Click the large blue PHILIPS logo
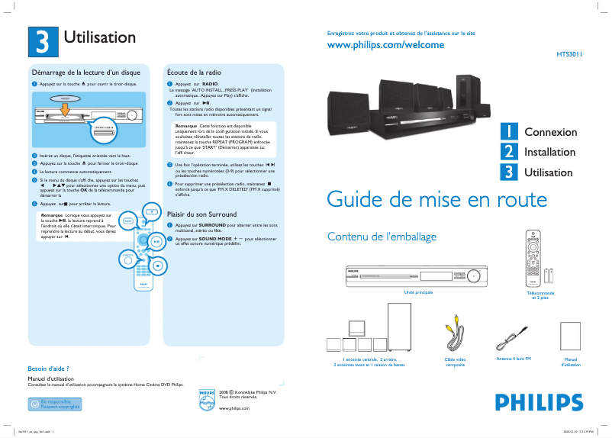point(533,401)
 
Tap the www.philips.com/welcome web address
point(385,45)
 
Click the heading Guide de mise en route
point(436,200)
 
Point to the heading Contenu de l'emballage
point(382,237)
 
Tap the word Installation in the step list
point(549,153)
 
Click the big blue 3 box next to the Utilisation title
point(42,41)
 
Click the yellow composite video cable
point(455,330)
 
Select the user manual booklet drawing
point(571,337)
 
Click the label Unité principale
point(418,292)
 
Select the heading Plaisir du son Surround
point(202,214)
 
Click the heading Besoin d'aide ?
point(49,369)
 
